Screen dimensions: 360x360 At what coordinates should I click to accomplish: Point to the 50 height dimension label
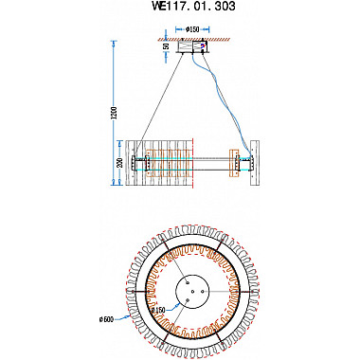click(167, 45)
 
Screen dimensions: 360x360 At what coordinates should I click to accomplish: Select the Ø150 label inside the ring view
click(157, 310)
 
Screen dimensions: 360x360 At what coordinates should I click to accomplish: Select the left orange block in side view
click(157, 163)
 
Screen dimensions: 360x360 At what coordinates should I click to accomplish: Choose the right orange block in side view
click(234, 163)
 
